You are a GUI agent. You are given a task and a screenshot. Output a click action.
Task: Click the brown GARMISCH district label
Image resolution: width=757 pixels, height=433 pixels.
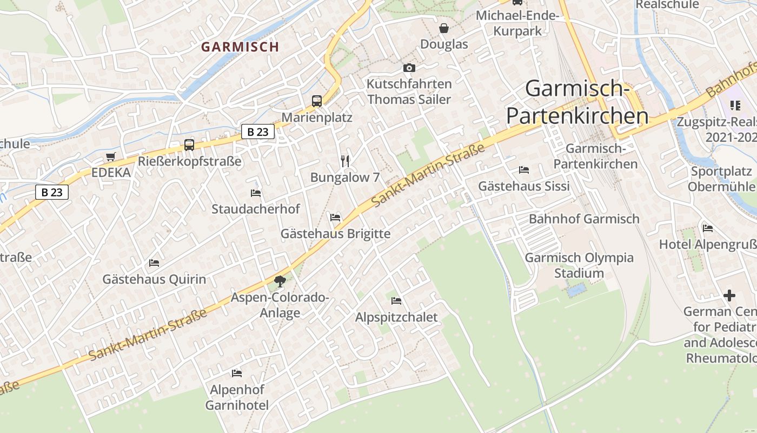coord(240,47)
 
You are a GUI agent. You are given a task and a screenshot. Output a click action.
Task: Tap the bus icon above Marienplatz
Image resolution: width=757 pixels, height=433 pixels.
coord(316,101)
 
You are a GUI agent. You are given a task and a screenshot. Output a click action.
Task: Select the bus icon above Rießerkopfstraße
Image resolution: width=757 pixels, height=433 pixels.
coord(189,145)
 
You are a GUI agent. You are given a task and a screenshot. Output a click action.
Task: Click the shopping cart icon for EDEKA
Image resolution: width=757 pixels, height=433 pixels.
coord(111,157)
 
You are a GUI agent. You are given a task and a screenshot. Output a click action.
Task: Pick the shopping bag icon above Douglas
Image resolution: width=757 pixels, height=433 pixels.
coord(444,28)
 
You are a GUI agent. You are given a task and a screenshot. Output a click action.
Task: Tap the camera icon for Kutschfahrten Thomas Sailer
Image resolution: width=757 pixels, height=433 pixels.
coord(409,68)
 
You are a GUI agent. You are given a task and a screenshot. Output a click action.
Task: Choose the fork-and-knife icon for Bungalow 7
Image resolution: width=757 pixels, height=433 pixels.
coord(345,161)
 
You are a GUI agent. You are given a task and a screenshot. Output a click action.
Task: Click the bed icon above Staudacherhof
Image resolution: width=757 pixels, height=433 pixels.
coord(256,193)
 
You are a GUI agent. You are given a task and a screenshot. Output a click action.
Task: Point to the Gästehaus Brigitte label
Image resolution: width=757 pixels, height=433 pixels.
coord(335,234)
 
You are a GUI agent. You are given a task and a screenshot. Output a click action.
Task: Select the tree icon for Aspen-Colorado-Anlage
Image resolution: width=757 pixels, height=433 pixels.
coord(280,281)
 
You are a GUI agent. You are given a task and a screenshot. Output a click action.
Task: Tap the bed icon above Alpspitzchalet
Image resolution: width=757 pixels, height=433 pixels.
coord(396,300)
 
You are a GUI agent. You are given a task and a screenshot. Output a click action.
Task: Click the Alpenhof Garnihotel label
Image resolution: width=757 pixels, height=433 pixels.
coord(237,397)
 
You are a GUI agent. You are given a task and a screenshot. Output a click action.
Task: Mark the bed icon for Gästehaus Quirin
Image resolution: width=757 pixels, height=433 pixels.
coord(154,263)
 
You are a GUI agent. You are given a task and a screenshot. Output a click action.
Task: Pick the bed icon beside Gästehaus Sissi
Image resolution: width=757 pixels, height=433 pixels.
coord(523,170)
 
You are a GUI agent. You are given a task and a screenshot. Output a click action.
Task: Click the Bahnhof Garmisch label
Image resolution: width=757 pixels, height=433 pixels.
coord(584,219)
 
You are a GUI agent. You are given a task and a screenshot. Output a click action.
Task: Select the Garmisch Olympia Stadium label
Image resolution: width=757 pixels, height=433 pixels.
coord(579,265)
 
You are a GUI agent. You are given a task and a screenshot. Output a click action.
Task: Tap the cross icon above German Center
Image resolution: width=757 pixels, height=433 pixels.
coord(729,296)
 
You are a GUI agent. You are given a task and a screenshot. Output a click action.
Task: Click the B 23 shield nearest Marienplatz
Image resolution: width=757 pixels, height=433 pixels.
coord(258,132)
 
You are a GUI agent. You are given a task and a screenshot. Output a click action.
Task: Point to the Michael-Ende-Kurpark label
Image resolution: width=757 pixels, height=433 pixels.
coord(517,23)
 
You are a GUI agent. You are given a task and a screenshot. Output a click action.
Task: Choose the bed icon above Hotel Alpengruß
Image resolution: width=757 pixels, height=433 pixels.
coord(707,228)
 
